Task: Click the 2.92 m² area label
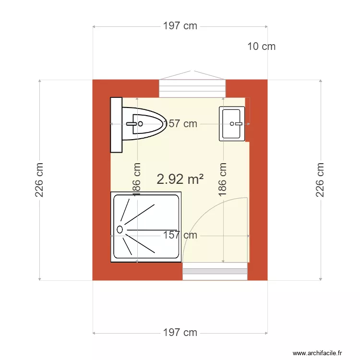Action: (180, 180)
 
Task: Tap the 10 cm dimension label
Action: (262, 47)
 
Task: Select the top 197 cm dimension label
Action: (180, 26)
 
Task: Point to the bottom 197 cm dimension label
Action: (180, 333)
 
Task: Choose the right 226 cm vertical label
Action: (320, 180)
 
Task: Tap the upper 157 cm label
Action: (180, 124)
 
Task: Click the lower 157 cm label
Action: (180, 235)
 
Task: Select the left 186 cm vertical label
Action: (137, 180)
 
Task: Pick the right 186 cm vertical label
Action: (223, 180)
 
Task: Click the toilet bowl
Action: (144, 124)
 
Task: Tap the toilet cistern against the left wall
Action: (116, 124)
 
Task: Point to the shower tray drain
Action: (120, 229)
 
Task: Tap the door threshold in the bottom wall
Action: (215, 272)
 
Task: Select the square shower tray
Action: (146, 228)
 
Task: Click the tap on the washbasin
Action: (237, 124)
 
